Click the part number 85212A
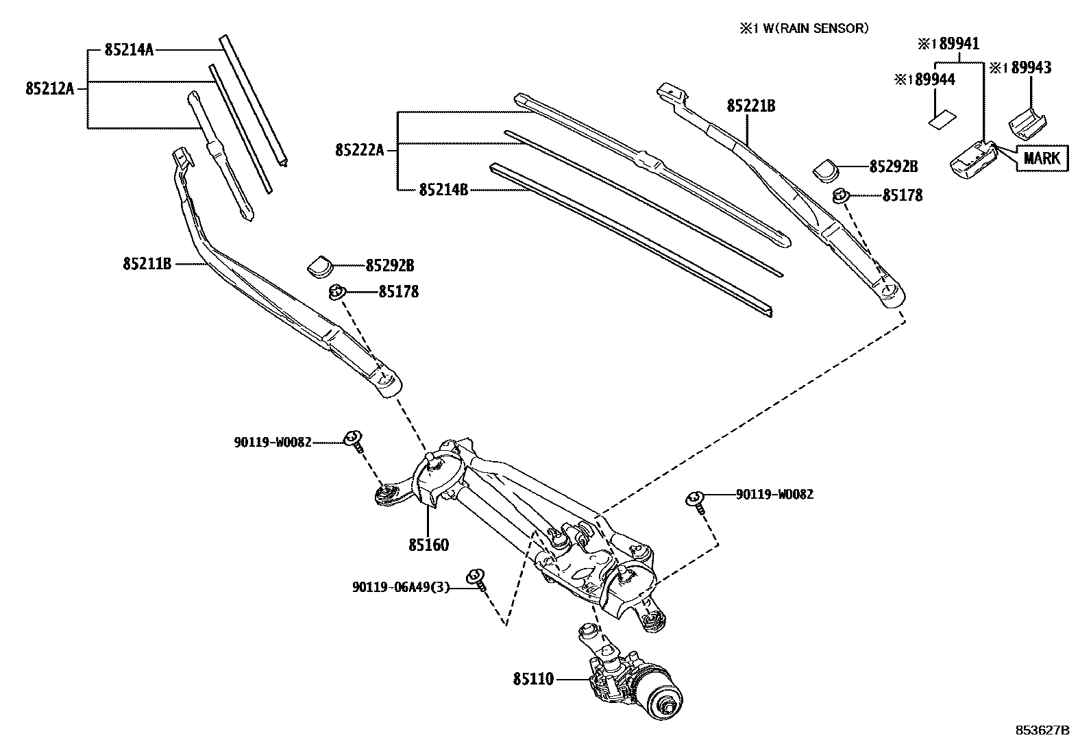(49, 88)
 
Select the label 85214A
(129, 49)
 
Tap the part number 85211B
(147, 263)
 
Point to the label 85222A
(360, 149)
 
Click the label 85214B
(443, 189)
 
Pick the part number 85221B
(751, 106)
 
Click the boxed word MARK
(1042, 159)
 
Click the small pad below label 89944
(938, 121)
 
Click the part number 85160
(429, 545)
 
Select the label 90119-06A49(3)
(401, 587)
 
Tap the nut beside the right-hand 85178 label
(840, 197)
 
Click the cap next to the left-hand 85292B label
(319, 266)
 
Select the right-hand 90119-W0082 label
(774, 494)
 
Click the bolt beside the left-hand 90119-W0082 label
(354, 439)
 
